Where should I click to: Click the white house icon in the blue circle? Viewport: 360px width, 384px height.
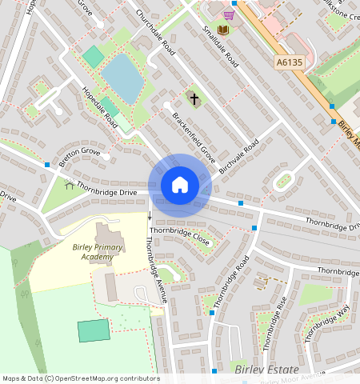(180, 186)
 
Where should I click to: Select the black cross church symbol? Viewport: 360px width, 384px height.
(192, 98)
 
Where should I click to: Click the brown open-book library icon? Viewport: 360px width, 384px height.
(223, 30)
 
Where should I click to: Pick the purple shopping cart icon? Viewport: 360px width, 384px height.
(229, 14)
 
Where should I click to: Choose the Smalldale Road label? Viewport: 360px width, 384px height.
(220, 46)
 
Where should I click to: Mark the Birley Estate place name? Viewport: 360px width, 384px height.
(267, 369)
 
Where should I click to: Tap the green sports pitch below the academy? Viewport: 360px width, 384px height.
(94, 330)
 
